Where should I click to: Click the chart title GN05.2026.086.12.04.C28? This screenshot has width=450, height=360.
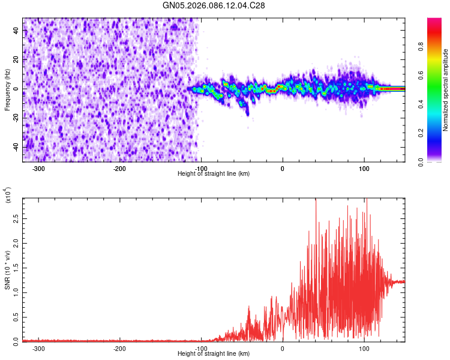pyautogui.click(x=214, y=5)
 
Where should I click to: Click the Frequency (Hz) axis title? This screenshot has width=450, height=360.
pyautogui.click(x=7, y=90)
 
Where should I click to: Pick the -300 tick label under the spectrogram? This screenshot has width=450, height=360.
pyautogui.click(x=39, y=168)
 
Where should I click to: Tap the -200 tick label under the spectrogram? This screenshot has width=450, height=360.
pyautogui.click(x=120, y=168)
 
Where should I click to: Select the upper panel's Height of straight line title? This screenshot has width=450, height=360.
pyautogui.click(x=214, y=173)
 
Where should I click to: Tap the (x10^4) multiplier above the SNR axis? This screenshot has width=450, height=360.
pyautogui.click(x=7, y=196)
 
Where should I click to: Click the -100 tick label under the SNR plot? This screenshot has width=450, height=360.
pyautogui.click(x=201, y=348)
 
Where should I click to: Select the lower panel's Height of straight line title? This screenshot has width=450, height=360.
pyautogui.click(x=214, y=354)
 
